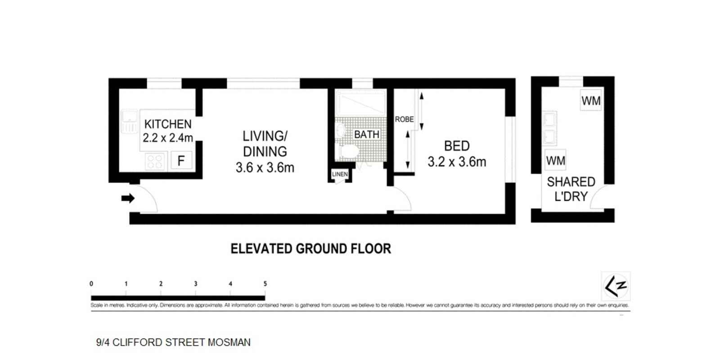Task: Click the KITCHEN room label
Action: (x=167, y=124)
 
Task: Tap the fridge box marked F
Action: (x=181, y=161)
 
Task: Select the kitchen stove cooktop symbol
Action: (x=155, y=161)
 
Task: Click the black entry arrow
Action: (x=128, y=198)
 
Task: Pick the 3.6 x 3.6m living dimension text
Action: (x=265, y=168)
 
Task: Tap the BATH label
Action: (x=366, y=135)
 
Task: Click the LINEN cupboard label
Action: (x=340, y=174)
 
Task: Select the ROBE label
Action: (x=404, y=119)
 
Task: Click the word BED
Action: (x=456, y=146)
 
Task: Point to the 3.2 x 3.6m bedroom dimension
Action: (x=456, y=162)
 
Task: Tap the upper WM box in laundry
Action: (x=590, y=101)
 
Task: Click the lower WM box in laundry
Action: (x=555, y=160)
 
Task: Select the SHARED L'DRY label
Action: (x=571, y=189)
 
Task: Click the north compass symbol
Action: (x=615, y=286)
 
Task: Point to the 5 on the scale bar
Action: (x=265, y=283)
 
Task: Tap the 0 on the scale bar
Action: (x=91, y=283)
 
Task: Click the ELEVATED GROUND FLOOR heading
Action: (x=310, y=249)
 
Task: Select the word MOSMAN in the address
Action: (x=229, y=342)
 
